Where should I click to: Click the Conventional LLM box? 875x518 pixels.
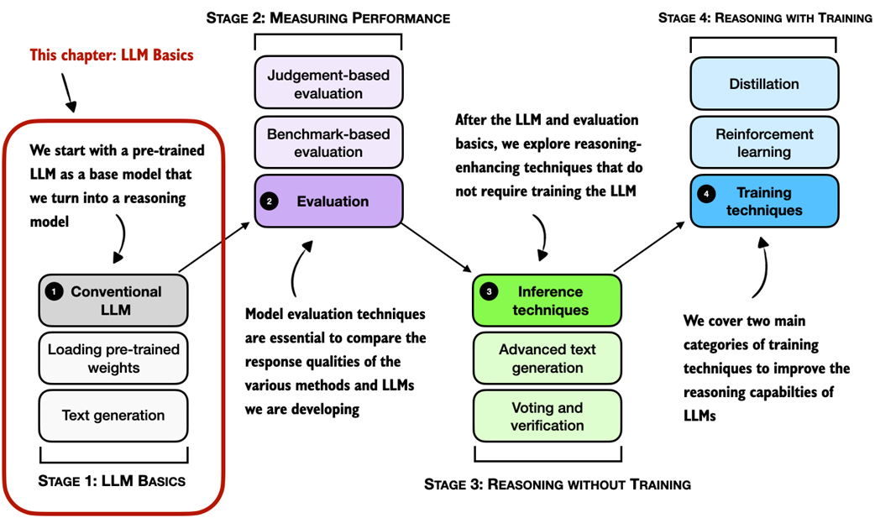(113, 301)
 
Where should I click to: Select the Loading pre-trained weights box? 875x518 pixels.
(113, 358)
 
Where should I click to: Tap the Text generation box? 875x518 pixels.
(113, 416)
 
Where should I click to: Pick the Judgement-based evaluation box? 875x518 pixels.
(328, 84)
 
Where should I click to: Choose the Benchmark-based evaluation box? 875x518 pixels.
(328, 143)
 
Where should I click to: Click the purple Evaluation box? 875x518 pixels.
(328, 201)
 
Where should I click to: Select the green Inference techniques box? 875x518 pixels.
(548, 301)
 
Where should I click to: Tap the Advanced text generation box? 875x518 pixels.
(548, 358)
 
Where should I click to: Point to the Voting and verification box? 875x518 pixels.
(548, 416)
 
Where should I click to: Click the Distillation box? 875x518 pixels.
(764, 84)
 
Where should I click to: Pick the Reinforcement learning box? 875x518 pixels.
(764, 143)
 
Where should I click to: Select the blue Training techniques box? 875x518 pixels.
(764, 201)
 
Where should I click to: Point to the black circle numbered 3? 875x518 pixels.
(489, 292)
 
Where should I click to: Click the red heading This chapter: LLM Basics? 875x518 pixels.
(112, 55)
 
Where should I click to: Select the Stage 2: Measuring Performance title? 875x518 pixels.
(328, 18)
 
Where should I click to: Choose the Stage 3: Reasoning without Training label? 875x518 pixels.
(558, 484)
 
